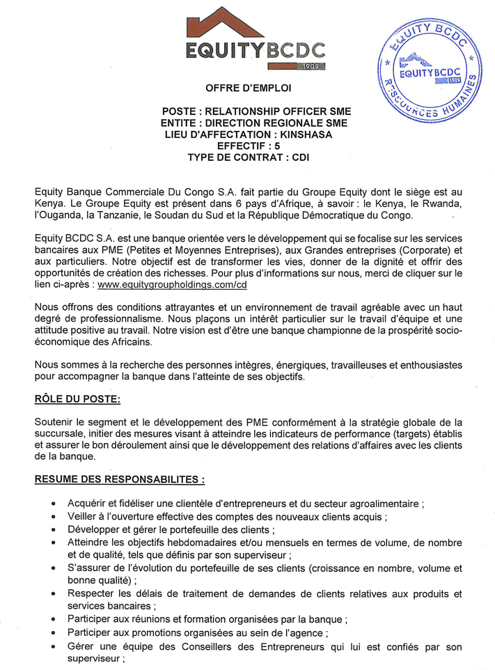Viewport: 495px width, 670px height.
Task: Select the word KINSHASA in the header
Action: click(x=304, y=134)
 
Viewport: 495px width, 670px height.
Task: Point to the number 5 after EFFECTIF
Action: click(x=278, y=146)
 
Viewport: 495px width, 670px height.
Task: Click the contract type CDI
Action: click(x=300, y=158)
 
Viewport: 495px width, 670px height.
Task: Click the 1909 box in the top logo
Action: click(x=310, y=66)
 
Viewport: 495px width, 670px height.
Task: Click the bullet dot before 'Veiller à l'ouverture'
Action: click(x=55, y=517)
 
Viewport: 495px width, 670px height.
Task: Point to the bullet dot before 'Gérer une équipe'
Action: click(x=55, y=648)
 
